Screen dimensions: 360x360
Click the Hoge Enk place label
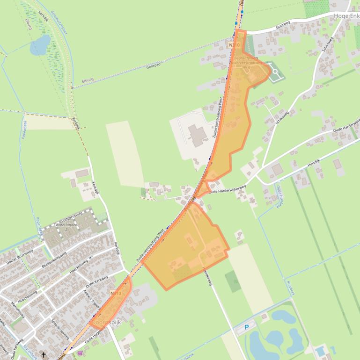click(346, 15)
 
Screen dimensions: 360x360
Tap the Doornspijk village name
click(107, 322)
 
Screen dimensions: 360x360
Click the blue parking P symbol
click(247, 327)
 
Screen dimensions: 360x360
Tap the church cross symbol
click(44, 354)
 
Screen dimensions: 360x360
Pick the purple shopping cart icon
click(80, 353)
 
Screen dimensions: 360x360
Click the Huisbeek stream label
click(291, 290)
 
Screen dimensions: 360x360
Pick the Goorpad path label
click(153, 67)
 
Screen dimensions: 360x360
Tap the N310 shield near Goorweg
click(234, 45)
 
